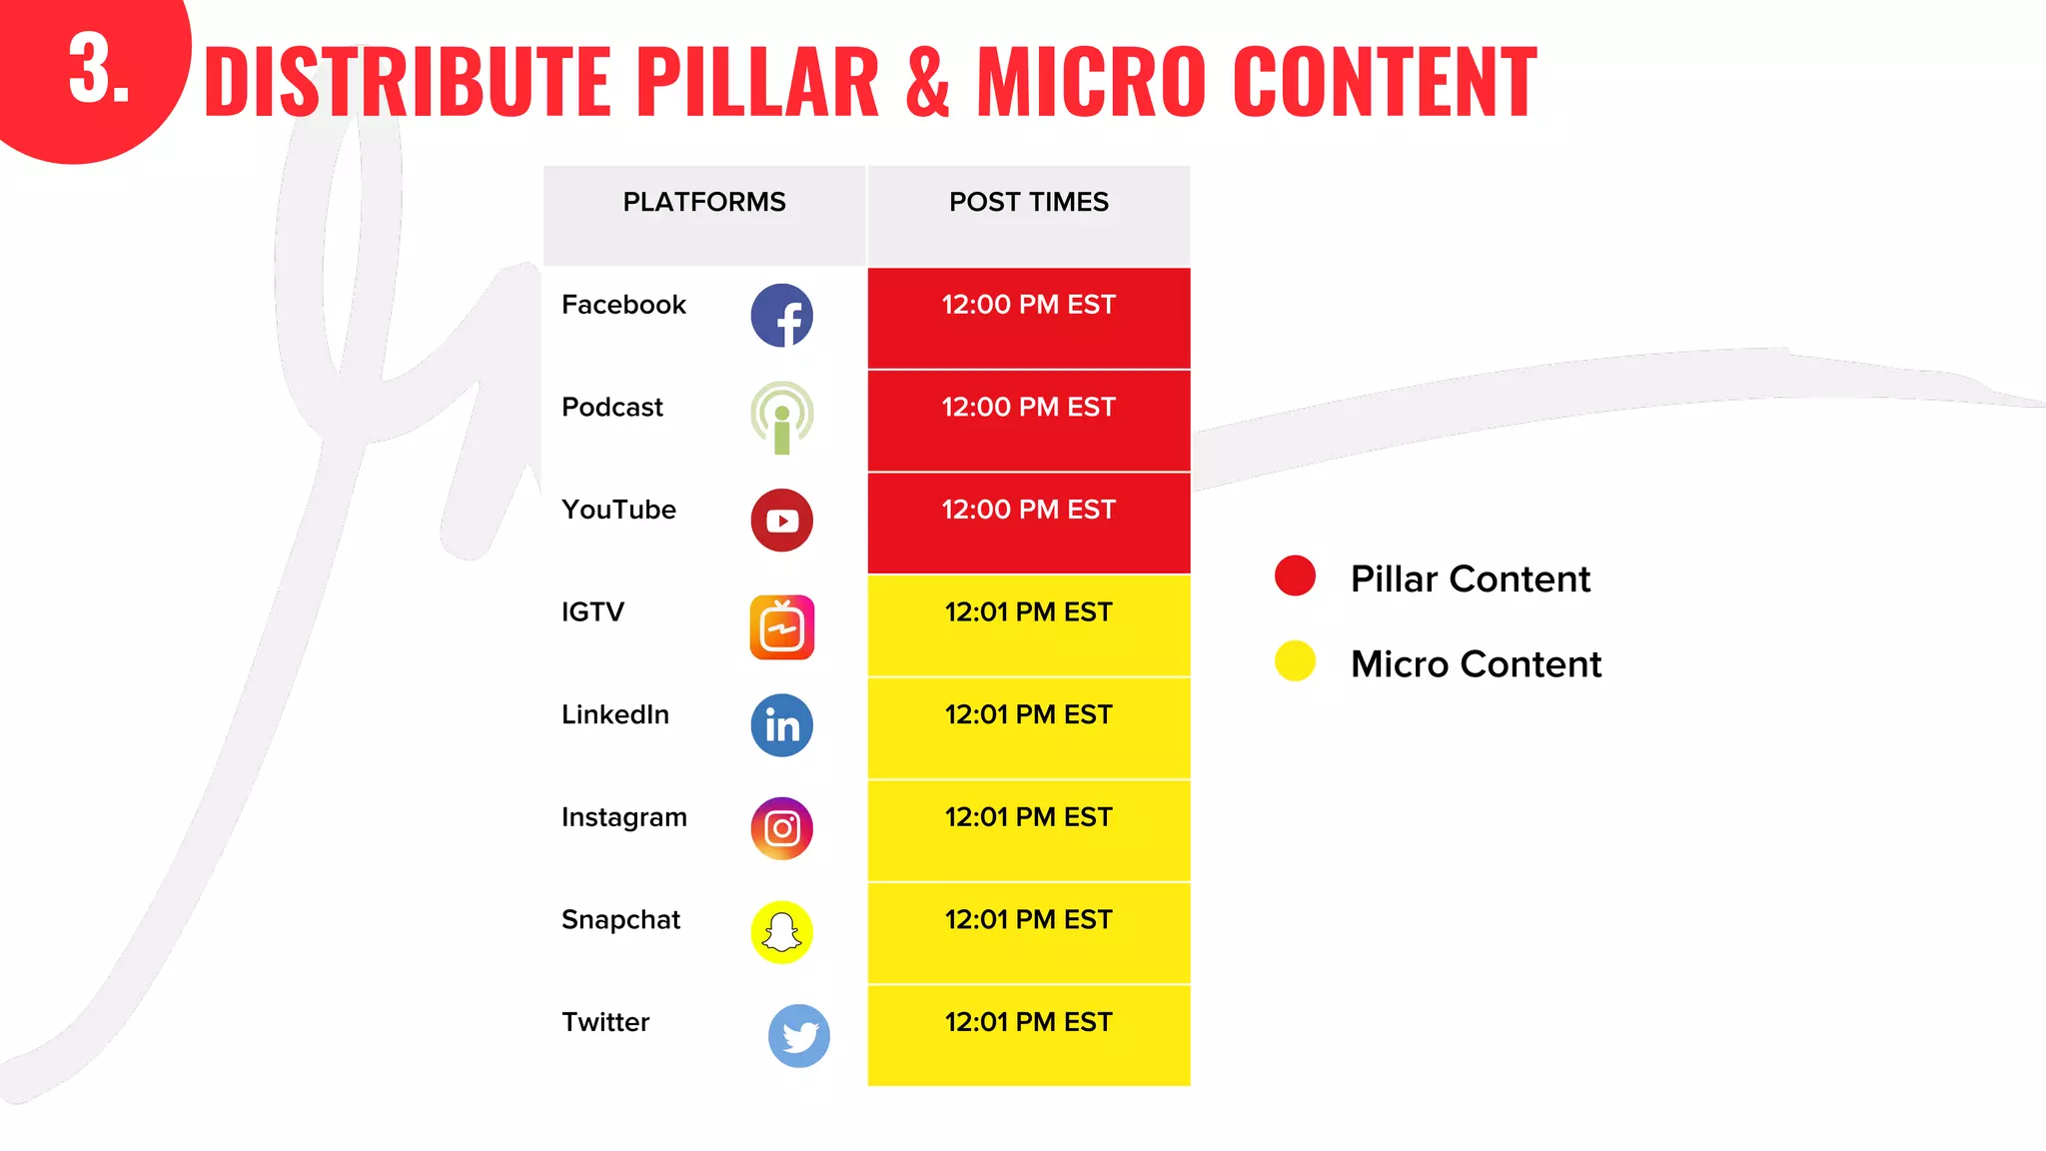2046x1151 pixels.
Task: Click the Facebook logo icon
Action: pos(781,316)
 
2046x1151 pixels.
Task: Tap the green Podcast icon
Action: pos(781,417)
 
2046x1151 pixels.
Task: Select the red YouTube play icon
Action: pos(781,520)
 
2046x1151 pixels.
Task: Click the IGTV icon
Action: pos(781,627)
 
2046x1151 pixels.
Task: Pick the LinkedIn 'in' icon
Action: pos(781,725)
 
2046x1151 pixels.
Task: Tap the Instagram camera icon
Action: pos(781,828)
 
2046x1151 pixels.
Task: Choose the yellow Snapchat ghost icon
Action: pos(781,932)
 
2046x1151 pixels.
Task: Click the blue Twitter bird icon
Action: pos(798,1036)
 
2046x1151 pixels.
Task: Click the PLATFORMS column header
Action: pos(703,202)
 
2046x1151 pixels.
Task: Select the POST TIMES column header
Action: pos(1028,202)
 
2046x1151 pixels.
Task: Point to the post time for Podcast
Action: pos(1028,408)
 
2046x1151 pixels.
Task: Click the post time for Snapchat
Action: pos(1028,920)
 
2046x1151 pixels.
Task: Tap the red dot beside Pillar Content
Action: pos(1295,575)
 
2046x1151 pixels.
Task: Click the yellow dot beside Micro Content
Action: pos(1295,660)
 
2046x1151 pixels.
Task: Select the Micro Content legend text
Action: pos(1475,664)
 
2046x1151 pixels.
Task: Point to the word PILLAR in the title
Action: pos(756,82)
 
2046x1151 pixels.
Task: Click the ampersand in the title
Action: pos(927,82)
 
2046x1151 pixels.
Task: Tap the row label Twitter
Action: pos(605,1022)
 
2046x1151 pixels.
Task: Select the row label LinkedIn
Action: pos(615,714)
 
